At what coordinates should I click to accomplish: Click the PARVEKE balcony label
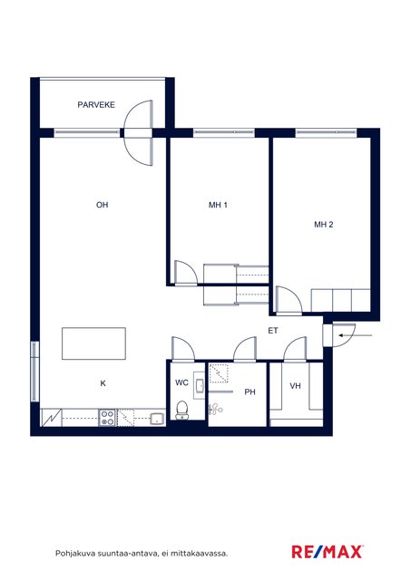pos(96,105)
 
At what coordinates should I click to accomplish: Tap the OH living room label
pos(103,205)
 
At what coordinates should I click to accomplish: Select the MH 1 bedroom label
pos(218,205)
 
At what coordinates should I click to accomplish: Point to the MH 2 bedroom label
pos(324,224)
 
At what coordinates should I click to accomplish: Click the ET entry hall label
pos(273,331)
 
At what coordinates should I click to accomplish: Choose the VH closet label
pos(295,386)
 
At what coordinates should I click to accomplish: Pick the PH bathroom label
pos(250,391)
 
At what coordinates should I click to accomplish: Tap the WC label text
pos(181,382)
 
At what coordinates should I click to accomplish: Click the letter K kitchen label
pos(103,383)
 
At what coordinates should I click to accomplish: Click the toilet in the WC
pos(181,411)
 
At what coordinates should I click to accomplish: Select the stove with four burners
pos(108,418)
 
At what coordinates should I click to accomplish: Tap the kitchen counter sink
pos(158,419)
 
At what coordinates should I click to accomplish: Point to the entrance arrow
pos(356,335)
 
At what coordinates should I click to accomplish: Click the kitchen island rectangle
pos(93,343)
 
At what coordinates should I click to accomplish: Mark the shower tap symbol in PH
pos(215,409)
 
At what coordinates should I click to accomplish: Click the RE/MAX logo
pos(327,552)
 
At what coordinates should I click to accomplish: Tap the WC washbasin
pos(200,386)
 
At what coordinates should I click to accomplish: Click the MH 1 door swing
pos(186,273)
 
